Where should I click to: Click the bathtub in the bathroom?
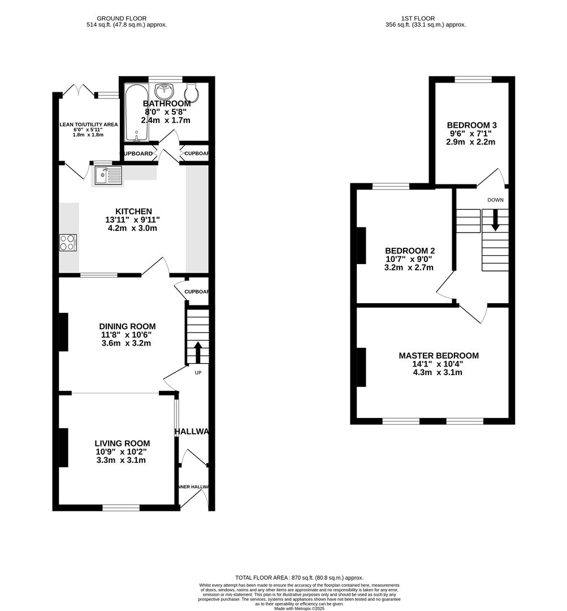click(136, 113)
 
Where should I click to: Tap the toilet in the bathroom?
click(191, 92)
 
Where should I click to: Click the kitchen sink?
click(108, 175)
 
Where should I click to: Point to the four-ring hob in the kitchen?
click(68, 242)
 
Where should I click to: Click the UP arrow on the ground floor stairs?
click(198, 352)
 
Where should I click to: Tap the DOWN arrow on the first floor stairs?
click(495, 220)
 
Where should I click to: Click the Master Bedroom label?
click(439, 356)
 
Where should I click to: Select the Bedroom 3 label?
click(471, 125)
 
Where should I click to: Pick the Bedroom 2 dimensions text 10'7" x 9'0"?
click(409, 259)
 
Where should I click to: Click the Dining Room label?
click(127, 326)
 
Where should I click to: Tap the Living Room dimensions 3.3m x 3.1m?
click(122, 461)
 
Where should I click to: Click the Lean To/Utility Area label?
click(89, 124)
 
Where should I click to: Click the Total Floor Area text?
click(299, 577)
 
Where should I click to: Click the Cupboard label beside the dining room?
click(197, 292)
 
